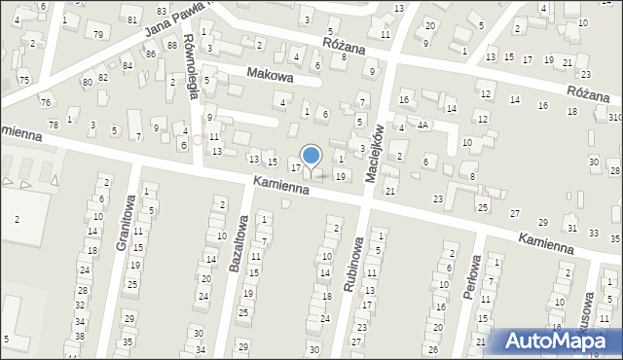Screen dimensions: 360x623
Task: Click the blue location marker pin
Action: click(311, 156)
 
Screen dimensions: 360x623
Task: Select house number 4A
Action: click(421, 126)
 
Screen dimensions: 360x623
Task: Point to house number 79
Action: click(98, 34)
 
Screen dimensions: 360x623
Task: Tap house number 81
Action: click(131, 19)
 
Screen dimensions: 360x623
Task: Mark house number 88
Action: click(171, 45)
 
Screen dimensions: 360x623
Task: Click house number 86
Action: click(150, 54)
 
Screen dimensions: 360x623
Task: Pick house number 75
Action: click(23, 80)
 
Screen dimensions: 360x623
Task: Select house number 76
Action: click(45, 102)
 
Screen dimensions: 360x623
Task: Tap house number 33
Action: click(595, 231)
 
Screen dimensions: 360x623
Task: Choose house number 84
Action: click(128, 66)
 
